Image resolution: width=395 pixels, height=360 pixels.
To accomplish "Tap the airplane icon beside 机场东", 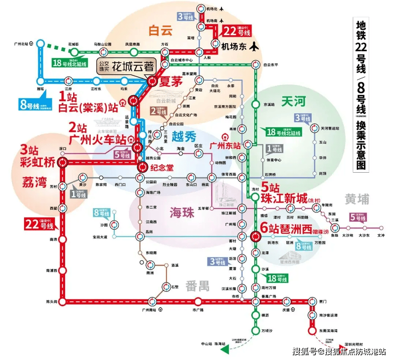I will tap(254, 46).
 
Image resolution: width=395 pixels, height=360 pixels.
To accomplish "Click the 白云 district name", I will tap(160, 31).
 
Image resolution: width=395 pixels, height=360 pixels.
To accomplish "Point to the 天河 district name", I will tap(293, 101).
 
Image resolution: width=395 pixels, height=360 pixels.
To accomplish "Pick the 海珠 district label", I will tap(181, 212).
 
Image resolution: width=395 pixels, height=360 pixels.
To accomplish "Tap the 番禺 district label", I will tap(197, 286).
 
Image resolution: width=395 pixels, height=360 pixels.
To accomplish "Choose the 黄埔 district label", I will tap(357, 199).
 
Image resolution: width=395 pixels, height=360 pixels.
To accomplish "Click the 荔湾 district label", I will tap(34, 182).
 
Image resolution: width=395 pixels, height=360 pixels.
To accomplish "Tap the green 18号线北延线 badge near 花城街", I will tap(69, 63).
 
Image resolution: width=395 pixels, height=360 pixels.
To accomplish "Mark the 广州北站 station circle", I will tap(40, 44).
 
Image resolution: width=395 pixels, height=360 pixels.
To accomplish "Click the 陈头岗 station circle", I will tap(63, 302).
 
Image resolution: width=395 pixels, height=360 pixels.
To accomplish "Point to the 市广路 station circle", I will tap(198, 302).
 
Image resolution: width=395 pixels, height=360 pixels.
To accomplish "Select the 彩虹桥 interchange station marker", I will tap(63, 162).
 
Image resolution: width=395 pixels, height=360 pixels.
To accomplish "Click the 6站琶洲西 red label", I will tap(286, 229).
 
